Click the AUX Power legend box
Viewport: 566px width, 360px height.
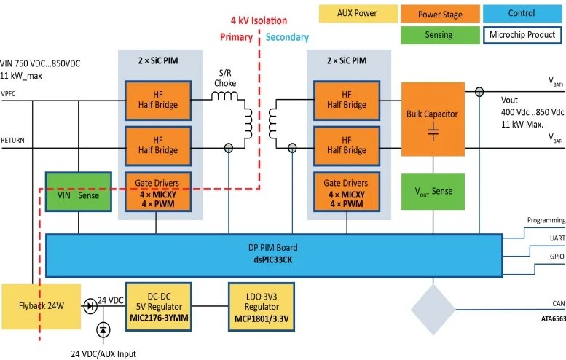point(357,13)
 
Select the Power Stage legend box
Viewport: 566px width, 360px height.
point(440,13)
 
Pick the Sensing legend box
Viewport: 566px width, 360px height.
point(438,35)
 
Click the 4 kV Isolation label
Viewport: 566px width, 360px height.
point(259,20)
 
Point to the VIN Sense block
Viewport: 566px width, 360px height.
point(78,195)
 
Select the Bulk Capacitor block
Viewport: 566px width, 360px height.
point(433,120)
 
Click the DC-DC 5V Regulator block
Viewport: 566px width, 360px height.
point(159,305)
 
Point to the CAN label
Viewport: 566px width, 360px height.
point(557,304)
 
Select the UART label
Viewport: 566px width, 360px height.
point(556,238)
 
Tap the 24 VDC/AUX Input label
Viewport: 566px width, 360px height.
point(103,354)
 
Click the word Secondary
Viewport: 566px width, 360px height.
point(288,37)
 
